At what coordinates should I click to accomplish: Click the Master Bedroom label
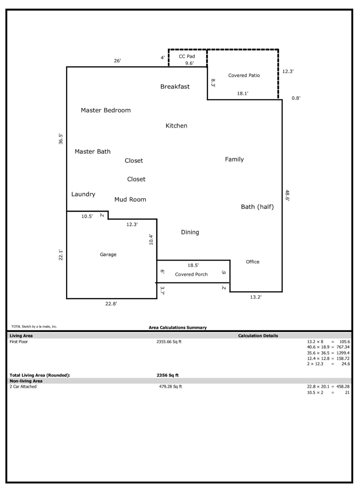[106, 110]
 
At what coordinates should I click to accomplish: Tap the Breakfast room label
[175, 87]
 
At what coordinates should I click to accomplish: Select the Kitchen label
[176, 126]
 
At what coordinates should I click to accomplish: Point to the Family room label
[234, 159]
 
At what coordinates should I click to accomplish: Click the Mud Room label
[130, 200]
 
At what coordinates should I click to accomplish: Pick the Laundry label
[83, 194]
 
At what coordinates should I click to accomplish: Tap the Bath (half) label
[257, 207]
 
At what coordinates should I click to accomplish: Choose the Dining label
[190, 232]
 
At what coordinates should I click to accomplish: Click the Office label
[253, 262]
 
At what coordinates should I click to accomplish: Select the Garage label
[108, 255]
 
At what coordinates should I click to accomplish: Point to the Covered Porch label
[191, 275]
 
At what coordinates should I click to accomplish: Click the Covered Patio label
[244, 75]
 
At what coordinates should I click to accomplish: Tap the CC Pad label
[187, 57]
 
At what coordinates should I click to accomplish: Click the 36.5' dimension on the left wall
[61, 139]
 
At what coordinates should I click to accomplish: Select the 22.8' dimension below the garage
[111, 304]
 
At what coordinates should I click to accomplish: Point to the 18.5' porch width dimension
[193, 265]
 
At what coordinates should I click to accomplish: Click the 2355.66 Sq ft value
[169, 342]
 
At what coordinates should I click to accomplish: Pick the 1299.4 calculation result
[343, 353]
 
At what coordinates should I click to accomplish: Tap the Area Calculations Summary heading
[178, 328]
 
